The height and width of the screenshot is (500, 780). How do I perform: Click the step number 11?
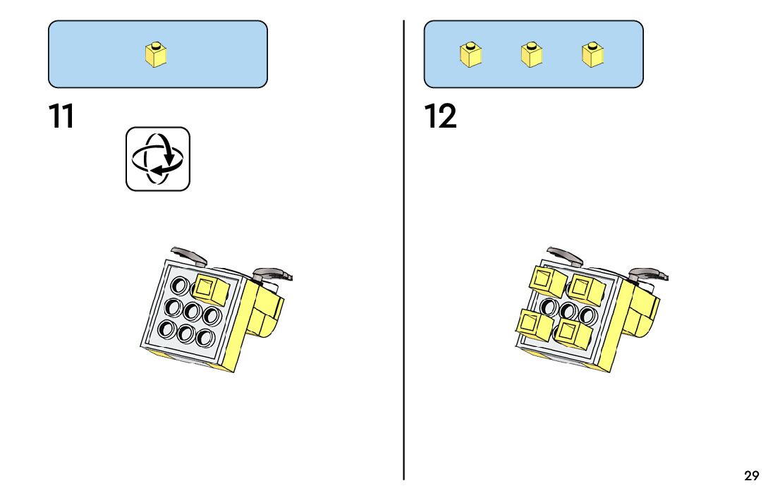61,116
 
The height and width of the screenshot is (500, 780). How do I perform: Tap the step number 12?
441,116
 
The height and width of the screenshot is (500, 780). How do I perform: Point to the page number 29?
752,476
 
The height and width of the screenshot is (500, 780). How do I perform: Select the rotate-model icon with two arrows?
158,159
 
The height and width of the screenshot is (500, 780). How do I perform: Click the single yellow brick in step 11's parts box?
156,55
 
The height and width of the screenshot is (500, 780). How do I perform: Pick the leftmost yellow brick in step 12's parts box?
470,55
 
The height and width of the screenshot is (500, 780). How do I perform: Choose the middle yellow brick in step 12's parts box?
532,55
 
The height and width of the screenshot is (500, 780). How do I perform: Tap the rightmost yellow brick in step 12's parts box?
593,55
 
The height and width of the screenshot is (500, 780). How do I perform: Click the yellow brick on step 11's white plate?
210,289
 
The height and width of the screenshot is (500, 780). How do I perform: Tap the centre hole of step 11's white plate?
190,311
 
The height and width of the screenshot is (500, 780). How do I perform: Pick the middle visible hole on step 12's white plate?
568,311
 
